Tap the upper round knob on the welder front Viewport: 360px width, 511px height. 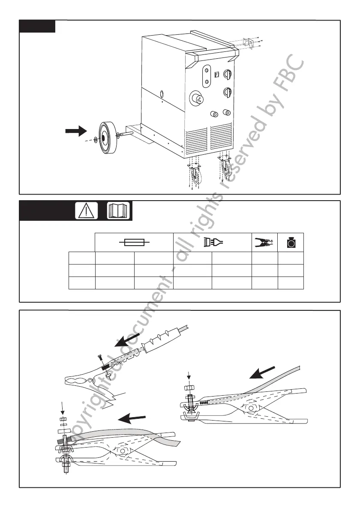pos(228,74)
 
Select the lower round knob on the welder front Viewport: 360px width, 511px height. pos(228,92)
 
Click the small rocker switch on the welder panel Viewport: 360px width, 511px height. pos(217,74)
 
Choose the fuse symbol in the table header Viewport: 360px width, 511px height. pos(134,243)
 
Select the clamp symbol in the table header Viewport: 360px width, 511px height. pos(264,243)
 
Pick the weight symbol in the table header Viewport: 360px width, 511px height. pos(291,243)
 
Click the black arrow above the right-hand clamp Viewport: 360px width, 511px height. pos(262,372)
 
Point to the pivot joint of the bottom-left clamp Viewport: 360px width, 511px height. pos(123,450)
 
